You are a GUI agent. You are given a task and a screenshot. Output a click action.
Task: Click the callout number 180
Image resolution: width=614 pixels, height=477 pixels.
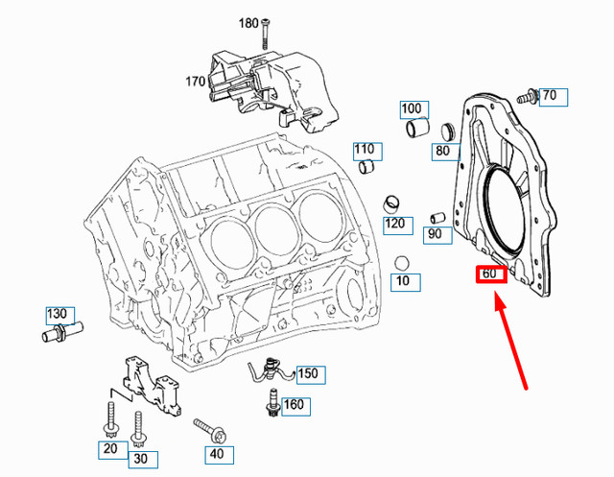(x=248, y=23)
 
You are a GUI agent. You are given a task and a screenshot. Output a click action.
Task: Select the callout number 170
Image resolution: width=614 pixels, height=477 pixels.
(x=196, y=82)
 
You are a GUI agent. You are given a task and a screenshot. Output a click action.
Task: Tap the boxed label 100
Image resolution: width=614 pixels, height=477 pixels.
(x=412, y=108)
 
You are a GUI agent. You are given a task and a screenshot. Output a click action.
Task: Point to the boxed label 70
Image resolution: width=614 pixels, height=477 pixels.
(x=550, y=96)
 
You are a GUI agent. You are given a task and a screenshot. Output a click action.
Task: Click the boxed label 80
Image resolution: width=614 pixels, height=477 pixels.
(x=442, y=151)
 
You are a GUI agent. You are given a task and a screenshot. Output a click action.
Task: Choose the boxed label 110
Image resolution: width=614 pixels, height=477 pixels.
(x=365, y=150)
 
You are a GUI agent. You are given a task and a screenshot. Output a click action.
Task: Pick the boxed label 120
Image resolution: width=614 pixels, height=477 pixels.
(x=393, y=224)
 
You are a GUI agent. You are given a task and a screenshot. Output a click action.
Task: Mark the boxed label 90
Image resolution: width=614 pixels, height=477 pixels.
(x=435, y=234)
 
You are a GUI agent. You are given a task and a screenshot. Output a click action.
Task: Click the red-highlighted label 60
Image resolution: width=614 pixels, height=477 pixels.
(x=490, y=274)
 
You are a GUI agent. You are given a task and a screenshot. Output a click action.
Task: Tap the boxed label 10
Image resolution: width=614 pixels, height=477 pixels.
(x=402, y=281)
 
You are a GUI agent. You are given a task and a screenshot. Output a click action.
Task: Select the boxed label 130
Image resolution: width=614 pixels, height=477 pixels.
(x=58, y=315)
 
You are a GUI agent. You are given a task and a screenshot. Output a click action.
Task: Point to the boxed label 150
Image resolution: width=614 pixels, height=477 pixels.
(x=307, y=373)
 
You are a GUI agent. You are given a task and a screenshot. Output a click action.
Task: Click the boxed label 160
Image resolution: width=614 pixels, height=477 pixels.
(x=294, y=405)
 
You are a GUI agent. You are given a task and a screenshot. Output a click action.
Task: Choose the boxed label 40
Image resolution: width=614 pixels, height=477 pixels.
(x=216, y=453)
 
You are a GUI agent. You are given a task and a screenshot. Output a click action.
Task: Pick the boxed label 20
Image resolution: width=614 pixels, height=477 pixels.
(x=109, y=448)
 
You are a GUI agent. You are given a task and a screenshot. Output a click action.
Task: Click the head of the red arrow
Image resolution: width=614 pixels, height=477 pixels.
(x=495, y=299)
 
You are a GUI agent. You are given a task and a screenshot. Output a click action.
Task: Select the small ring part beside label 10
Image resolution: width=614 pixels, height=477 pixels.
(x=401, y=261)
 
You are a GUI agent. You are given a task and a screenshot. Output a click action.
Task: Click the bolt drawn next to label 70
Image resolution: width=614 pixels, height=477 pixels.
(x=526, y=96)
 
